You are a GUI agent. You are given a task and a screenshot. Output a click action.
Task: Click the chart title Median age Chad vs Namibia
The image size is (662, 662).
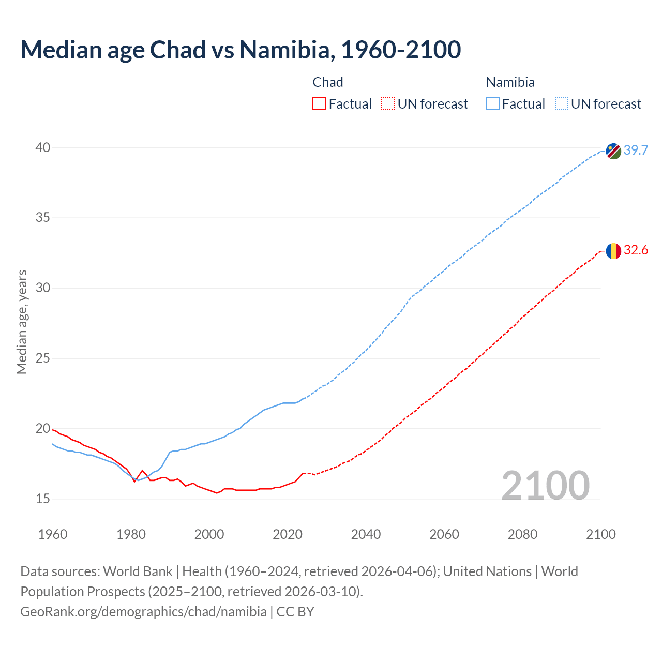click(x=240, y=50)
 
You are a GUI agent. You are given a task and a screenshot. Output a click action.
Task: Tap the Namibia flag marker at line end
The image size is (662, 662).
click(x=613, y=151)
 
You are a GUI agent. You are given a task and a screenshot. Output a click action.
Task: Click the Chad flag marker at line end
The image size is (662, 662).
click(x=613, y=251)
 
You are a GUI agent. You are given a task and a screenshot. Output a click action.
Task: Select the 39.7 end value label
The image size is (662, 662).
click(x=636, y=151)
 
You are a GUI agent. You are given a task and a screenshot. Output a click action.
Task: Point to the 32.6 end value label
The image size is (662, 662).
click(x=636, y=250)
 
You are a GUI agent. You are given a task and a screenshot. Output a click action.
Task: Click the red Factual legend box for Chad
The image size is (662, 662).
click(x=319, y=104)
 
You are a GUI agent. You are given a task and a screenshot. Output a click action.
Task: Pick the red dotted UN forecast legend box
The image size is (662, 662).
click(x=388, y=104)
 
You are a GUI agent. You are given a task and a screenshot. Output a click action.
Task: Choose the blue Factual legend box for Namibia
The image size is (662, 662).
click(x=493, y=104)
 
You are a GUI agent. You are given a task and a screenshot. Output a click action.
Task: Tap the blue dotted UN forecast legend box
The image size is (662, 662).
click(x=562, y=104)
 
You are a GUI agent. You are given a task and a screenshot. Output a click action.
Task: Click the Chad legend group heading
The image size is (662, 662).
click(x=328, y=82)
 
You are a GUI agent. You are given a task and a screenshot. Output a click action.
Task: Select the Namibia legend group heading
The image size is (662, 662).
click(x=510, y=82)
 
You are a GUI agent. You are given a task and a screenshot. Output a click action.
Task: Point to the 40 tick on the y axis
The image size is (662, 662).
click(x=43, y=148)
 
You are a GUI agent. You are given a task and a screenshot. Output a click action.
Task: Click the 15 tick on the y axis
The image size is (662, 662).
click(x=43, y=499)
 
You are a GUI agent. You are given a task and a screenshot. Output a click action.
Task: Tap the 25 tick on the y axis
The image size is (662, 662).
click(x=43, y=358)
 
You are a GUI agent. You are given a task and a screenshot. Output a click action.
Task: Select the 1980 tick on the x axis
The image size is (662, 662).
click(x=131, y=534)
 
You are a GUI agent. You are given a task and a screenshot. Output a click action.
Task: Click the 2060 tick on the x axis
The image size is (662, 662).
click(x=444, y=534)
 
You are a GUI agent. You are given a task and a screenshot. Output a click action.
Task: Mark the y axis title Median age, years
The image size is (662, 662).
click(x=22, y=322)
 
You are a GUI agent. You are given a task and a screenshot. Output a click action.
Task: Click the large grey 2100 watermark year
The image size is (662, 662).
click(x=546, y=485)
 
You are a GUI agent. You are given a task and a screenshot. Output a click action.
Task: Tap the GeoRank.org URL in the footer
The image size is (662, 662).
click(x=143, y=612)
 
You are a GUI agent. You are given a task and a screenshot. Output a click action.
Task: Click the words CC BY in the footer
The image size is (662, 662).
click(x=295, y=612)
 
